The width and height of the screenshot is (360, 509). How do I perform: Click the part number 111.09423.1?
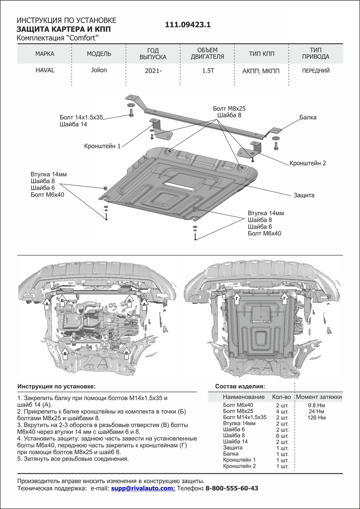[x=188, y=25]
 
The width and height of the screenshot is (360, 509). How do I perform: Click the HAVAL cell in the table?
[x=45, y=70]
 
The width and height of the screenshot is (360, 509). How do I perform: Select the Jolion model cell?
[x=99, y=70]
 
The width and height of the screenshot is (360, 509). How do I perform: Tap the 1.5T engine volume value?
[x=208, y=71]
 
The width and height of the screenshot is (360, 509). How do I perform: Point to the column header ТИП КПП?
[x=262, y=54]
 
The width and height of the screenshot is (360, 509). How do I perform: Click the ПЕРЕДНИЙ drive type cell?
[x=316, y=71]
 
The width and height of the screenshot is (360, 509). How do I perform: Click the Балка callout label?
[x=307, y=117]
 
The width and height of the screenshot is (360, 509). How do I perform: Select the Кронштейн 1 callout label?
[x=102, y=146]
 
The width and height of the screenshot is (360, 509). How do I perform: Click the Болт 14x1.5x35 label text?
[x=82, y=117]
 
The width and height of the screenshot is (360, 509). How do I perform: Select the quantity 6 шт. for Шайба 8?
[x=281, y=436]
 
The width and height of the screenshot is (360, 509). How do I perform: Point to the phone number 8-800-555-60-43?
[x=231, y=489]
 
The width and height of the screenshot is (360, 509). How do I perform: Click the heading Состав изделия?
[x=240, y=386]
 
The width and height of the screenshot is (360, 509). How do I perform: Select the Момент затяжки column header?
[x=319, y=397]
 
